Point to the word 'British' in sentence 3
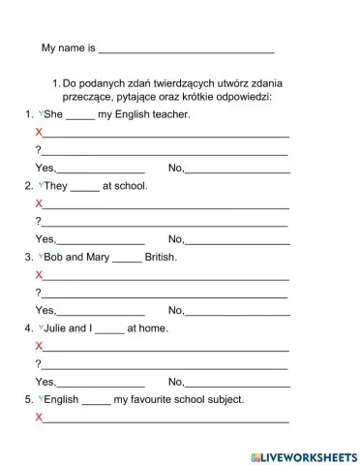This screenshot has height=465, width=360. click(x=161, y=258)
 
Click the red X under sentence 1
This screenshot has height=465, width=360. click(x=39, y=133)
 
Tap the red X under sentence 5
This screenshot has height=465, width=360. click(x=39, y=417)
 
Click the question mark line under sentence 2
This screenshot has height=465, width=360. click(x=165, y=223)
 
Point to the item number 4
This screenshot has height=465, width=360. click(x=29, y=328)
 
